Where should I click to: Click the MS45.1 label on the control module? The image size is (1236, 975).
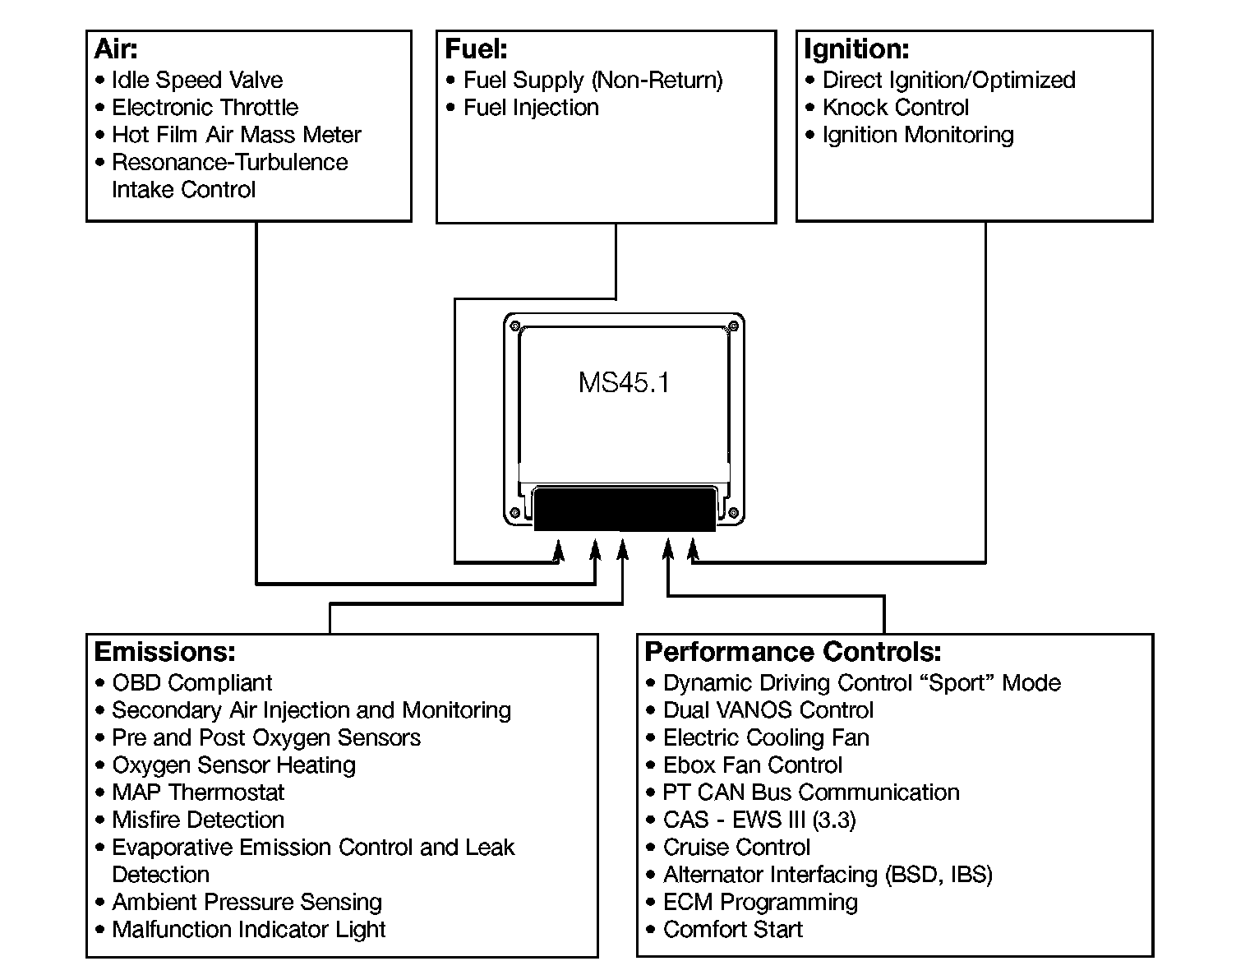point(624,383)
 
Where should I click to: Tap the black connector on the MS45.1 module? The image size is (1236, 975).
point(625,510)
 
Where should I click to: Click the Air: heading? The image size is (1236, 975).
point(116,49)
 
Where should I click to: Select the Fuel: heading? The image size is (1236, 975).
point(476,49)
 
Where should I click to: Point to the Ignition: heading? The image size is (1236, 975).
point(856,49)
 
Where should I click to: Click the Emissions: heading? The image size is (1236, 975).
point(165,652)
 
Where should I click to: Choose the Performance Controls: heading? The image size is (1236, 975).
point(793,652)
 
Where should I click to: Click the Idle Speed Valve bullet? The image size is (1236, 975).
point(197,80)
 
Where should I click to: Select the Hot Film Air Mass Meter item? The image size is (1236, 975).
point(237,135)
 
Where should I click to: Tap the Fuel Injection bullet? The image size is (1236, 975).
point(531,108)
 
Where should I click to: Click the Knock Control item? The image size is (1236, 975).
point(896,108)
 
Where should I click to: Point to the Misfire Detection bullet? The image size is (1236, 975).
point(198,820)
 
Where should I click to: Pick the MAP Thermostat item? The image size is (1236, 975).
point(198,792)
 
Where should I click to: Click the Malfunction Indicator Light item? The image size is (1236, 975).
point(249,930)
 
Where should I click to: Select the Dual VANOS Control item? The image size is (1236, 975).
point(768,710)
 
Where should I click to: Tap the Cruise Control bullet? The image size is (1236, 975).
point(736,848)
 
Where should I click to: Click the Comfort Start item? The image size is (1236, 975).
point(733,930)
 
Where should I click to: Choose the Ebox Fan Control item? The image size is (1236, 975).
point(753,765)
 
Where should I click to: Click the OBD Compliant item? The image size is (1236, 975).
point(192,683)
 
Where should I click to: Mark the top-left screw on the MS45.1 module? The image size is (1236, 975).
point(515,326)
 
